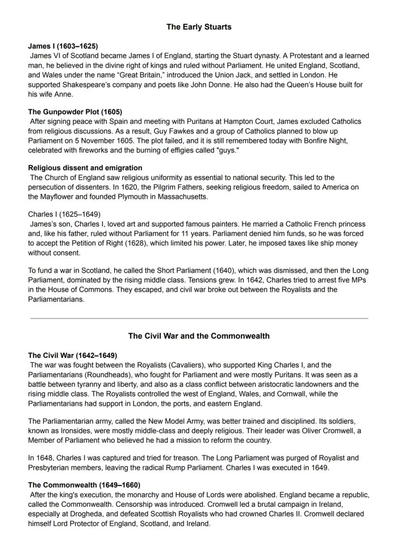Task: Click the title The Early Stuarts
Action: click(x=199, y=27)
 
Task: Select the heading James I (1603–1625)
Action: click(x=63, y=46)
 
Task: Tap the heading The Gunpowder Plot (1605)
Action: click(x=75, y=112)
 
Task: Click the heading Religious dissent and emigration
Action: click(x=85, y=168)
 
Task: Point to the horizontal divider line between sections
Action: click(x=199, y=318)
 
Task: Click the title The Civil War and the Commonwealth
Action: click(x=199, y=336)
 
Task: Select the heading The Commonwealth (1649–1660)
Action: click(x=84, y=485)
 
